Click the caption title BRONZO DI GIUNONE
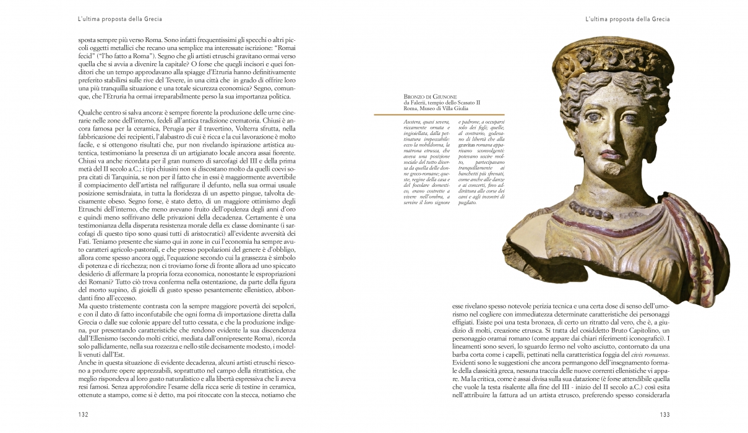pyautogui.click(x=430, y=97)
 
